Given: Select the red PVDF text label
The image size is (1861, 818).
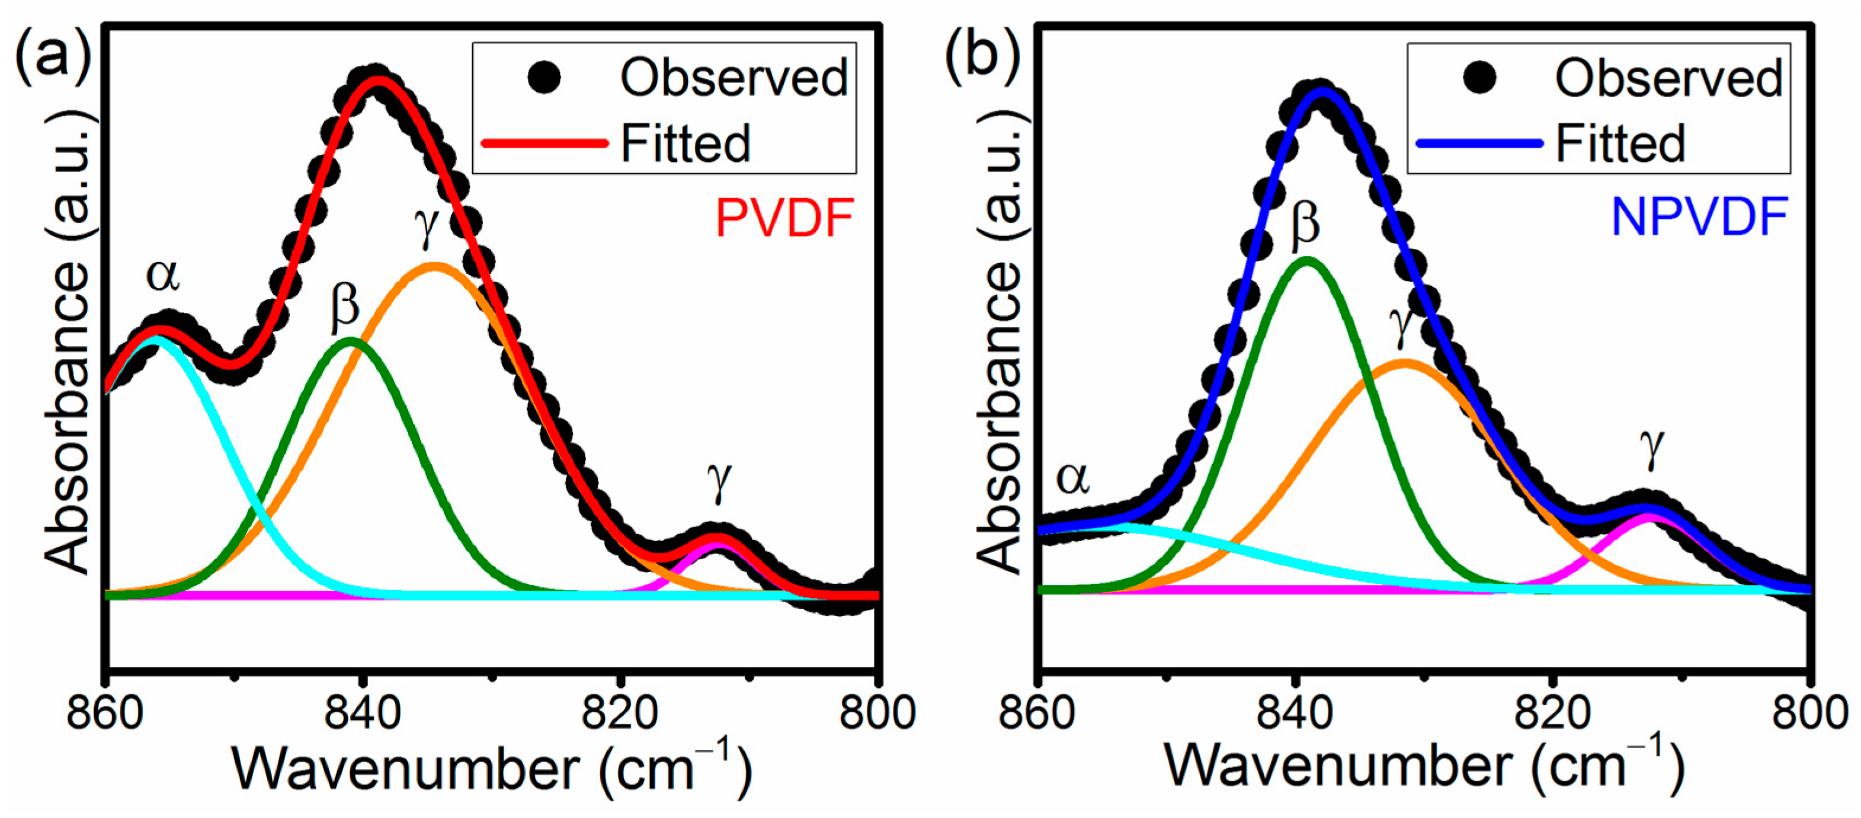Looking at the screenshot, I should pyautogui.click(x=784, y=218).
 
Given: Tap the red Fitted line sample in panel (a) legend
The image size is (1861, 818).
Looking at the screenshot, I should pyautogui.click(x=544, y=143).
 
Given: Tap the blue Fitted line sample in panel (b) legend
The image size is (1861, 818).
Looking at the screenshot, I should pyautogui.click(x=1478, y=143).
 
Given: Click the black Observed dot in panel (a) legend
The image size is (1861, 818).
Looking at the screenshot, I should pyautogui.click(x=544, y=77).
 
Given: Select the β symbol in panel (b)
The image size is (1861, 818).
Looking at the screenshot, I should pyautogui.click(x=1305, y=222).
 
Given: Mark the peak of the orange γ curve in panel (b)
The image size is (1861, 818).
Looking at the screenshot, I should pyautogui.click(x=1404, y=363).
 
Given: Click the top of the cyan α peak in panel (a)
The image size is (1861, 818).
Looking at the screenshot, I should pyautogui.click(x=155, y=337).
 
